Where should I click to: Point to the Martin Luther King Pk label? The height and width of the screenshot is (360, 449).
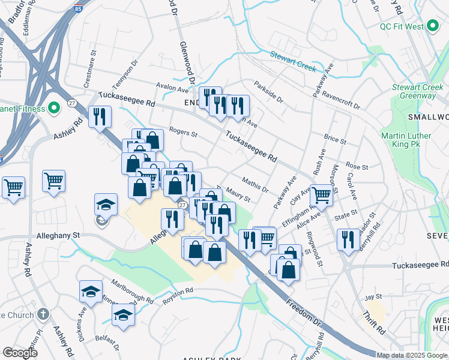406,140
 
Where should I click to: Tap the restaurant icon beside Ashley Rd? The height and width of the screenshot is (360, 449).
100,116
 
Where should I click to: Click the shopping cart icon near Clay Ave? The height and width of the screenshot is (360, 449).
322,194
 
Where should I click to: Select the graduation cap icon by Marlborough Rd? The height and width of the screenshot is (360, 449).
124,314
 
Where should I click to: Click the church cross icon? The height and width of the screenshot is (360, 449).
43,314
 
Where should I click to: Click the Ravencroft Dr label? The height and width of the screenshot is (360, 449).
340,100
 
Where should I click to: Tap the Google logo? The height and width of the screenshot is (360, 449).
20,353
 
